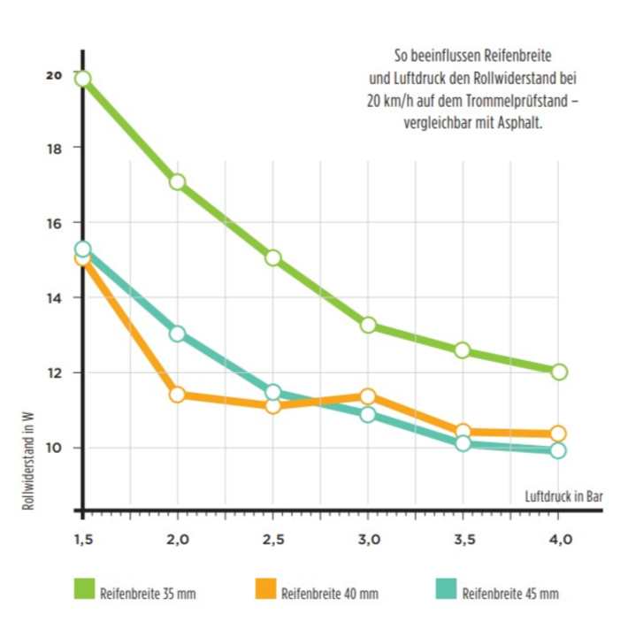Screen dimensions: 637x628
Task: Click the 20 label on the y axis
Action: (x=55, y=75)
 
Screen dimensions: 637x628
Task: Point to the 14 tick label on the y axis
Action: (x=55, y=297)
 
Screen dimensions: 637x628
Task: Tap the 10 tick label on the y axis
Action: (x=55, y=448)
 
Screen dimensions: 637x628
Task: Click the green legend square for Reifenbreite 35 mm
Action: (x=84, y=588)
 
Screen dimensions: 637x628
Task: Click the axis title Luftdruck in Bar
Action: (x=564, y=496)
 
